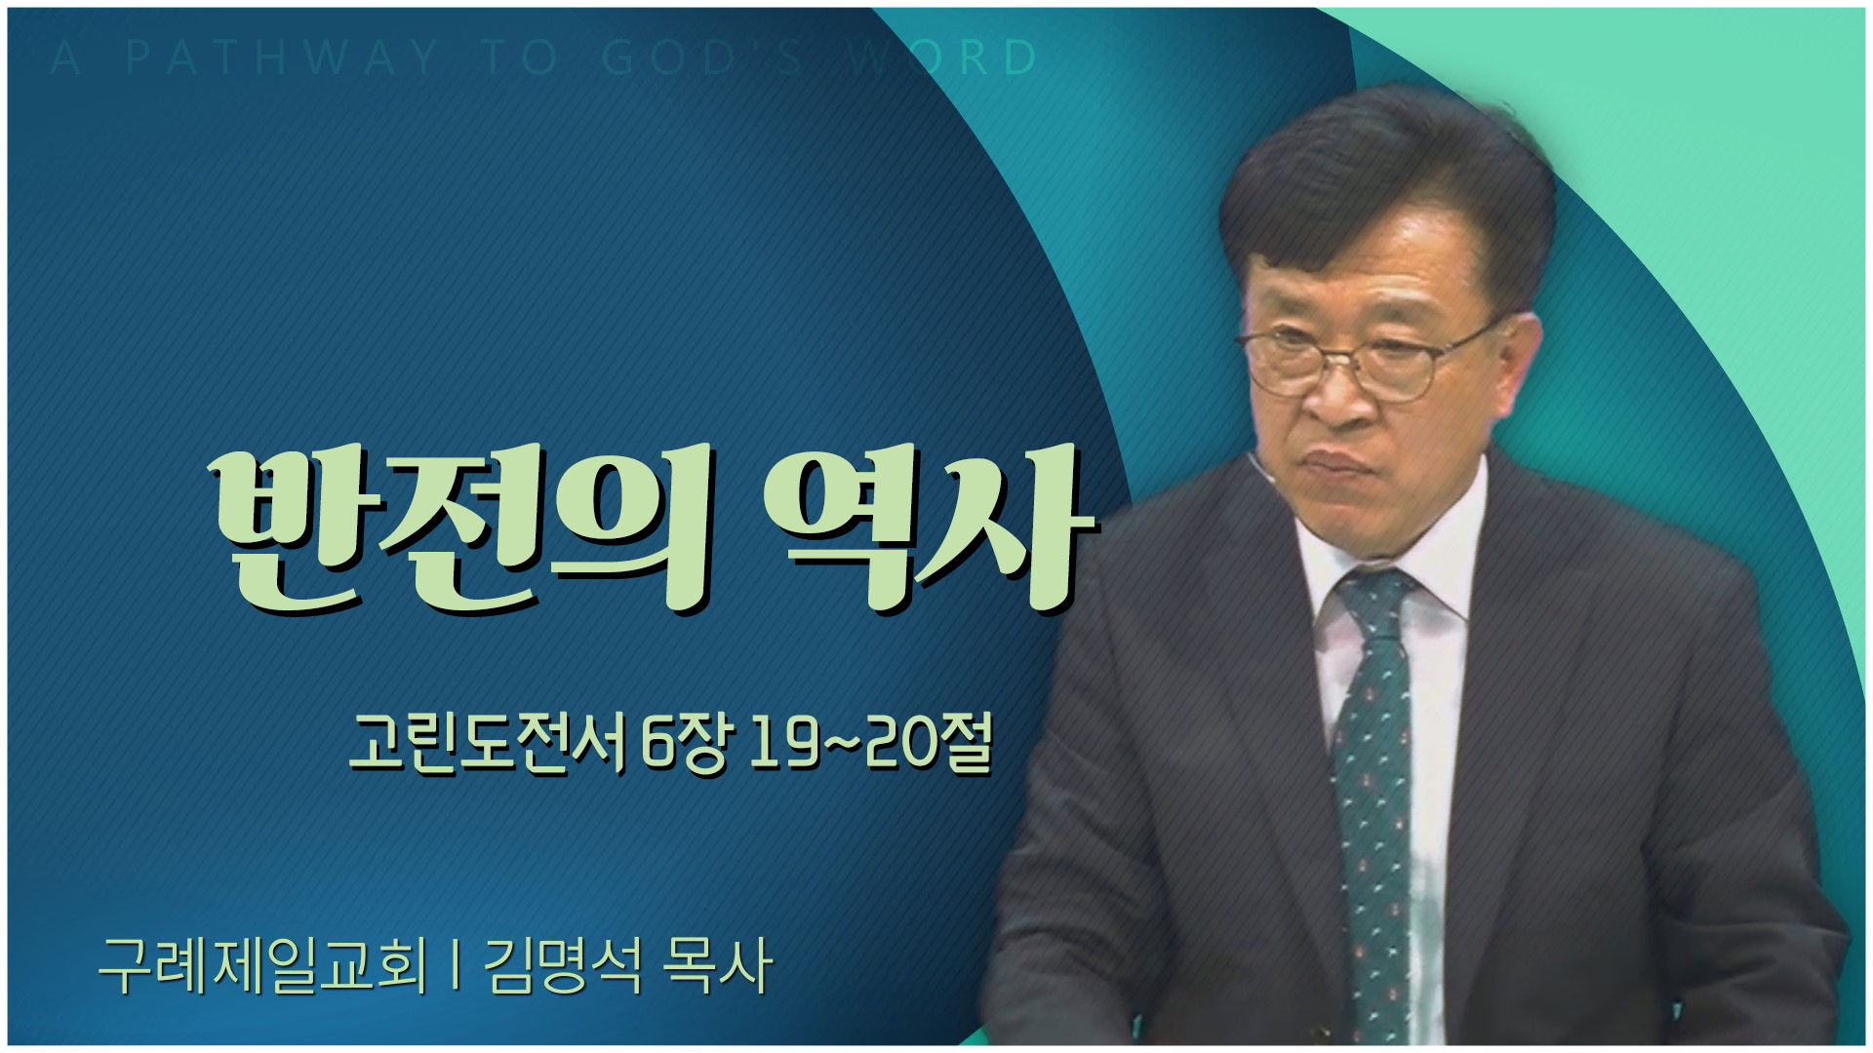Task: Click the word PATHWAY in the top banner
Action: pyautogui.click(x=283, y=58)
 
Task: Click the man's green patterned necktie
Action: pyautogui.click(x=1375, y=780)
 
